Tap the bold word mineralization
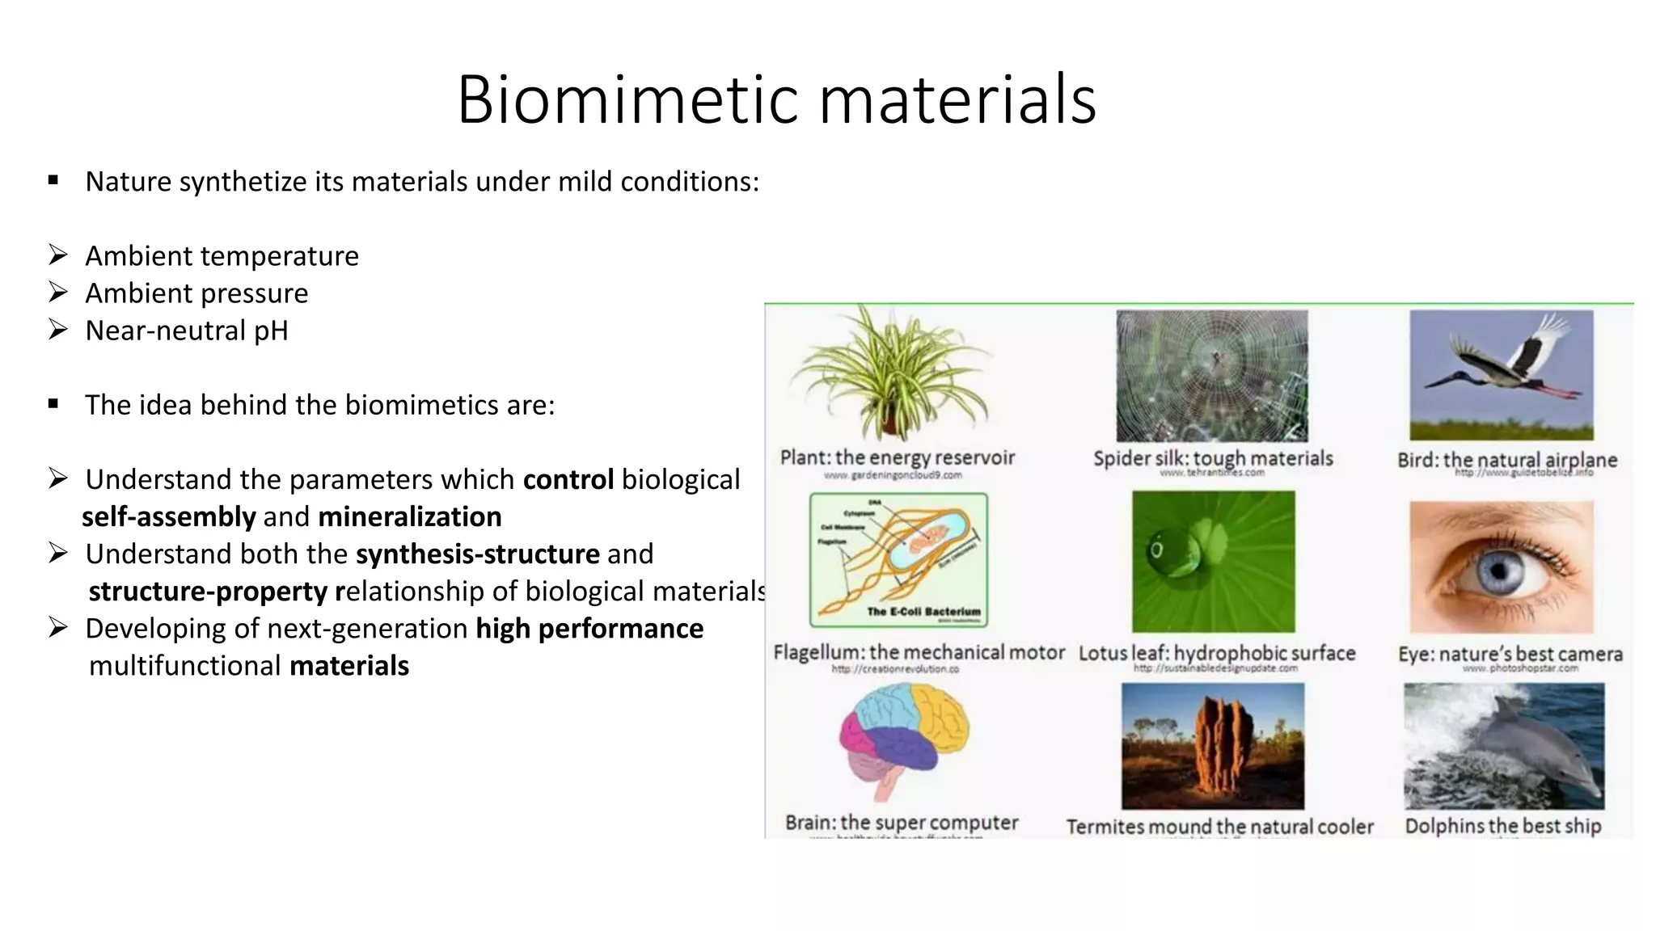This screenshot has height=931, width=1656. [409, 517]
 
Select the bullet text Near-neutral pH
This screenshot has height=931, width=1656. [186, 331]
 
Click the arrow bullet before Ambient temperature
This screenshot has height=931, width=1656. [57, 255]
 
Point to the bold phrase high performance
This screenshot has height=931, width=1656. [589, 629]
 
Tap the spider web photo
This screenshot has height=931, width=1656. [1211, 376]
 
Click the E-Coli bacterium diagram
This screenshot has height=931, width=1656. [898, 560]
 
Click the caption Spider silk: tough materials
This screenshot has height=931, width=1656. [1212, 458]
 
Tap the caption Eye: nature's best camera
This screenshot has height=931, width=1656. [1510, 654]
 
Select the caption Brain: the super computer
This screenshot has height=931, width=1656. [901, 823]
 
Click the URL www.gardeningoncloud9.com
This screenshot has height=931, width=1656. [893, 475]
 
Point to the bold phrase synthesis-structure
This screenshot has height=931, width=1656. [477, 554]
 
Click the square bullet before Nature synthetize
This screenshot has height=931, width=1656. [53, 181]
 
